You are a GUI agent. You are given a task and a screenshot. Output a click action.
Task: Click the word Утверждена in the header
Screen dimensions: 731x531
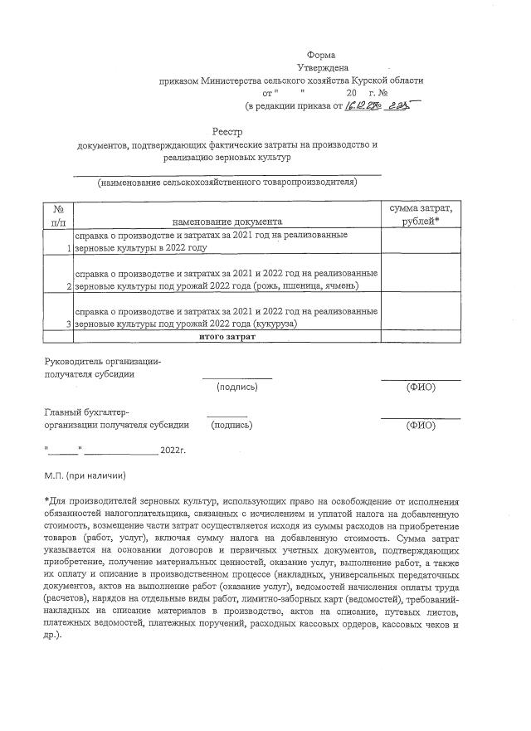[323, 67]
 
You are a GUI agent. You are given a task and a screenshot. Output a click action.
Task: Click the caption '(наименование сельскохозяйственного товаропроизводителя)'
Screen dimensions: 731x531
[227, 182]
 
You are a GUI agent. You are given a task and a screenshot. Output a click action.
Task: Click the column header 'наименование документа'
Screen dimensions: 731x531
[227, 222]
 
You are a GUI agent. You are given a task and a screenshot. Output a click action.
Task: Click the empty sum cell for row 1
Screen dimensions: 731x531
[420, 241]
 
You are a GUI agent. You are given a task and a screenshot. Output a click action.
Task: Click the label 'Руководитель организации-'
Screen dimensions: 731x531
[102, 361]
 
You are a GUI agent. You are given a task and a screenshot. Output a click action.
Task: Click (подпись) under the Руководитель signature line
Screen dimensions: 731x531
[236, 387]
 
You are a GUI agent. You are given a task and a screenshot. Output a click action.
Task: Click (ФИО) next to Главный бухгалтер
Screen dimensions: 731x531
[420, 425]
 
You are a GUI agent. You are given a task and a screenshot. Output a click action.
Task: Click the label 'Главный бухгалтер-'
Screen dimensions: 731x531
[85, 412]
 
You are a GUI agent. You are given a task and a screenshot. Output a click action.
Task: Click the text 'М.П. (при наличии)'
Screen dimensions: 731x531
[85, 477]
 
